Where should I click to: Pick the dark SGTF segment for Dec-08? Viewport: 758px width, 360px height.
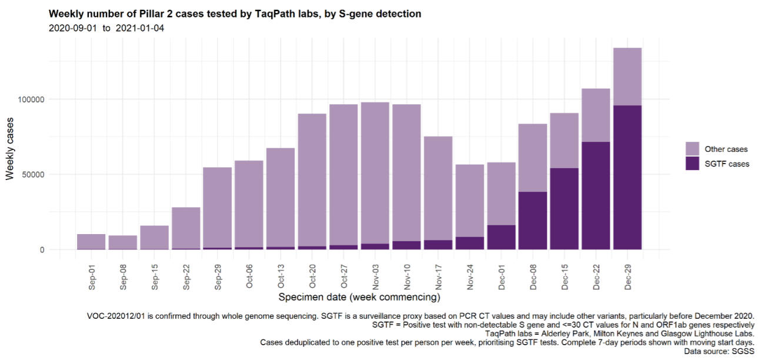pos(532,221)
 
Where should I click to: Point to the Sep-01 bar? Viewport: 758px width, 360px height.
pos(91,242)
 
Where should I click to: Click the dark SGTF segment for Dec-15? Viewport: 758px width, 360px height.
pos(564,208)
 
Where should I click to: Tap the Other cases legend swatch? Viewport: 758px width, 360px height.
pos(692,148)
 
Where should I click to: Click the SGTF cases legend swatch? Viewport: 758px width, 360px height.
pos(692,164)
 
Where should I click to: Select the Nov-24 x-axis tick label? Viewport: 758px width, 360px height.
pos(470,275)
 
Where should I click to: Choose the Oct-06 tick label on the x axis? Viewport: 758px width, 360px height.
pos(249,275)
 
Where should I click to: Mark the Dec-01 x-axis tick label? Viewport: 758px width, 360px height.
pos(502,275)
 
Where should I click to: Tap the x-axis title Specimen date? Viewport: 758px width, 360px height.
pos(359,297)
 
